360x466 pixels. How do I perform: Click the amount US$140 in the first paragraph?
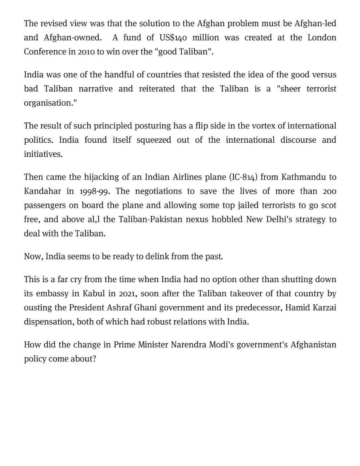pyautogui.click(x=173, y=38)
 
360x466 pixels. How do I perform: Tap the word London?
pyautogui.click(x=322, y=38)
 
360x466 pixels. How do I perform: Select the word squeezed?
pyautogui.click(x=154, y=140)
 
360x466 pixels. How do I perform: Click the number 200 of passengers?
pyautogui.click(x=329, y=191)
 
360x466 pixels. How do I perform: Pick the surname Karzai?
pyautogui.click(x=324, y=308)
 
